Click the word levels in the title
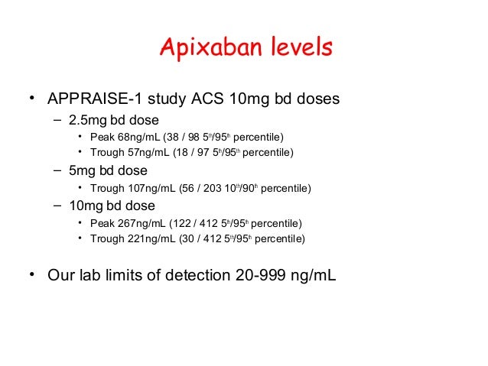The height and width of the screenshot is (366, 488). (301, 47)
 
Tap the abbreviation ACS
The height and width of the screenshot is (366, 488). (206, 99)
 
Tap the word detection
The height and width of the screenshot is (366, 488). (203, 275)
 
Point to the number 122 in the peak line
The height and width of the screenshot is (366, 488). (191, 223)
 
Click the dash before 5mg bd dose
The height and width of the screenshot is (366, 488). (58, 170)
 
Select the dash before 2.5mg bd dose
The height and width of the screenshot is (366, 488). (58, 120)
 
